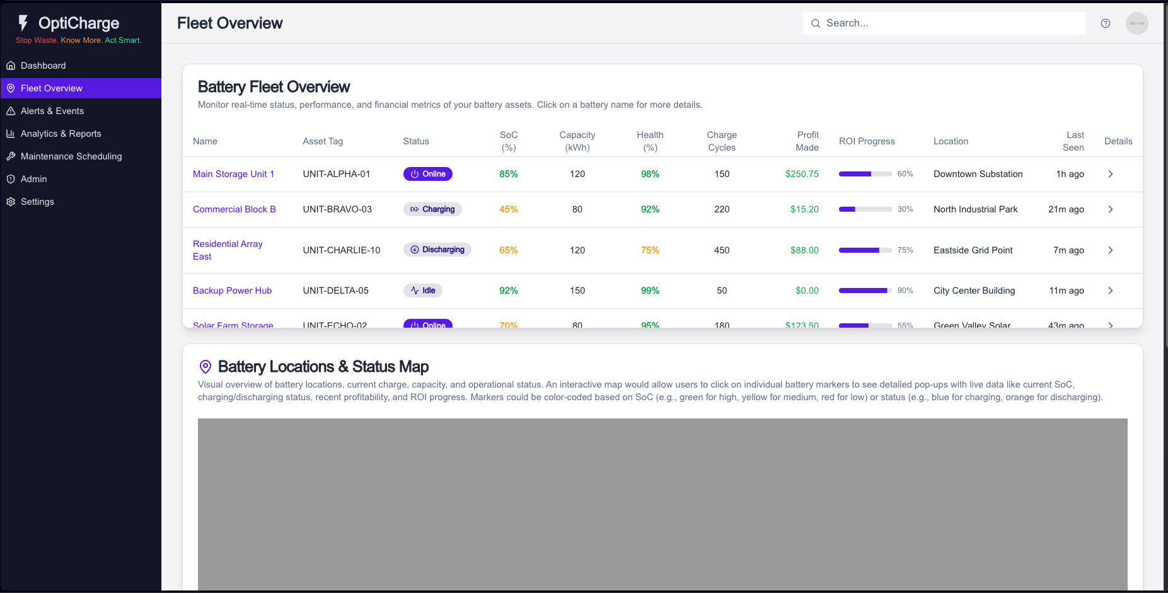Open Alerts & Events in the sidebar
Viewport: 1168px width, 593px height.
[x=52, y=111]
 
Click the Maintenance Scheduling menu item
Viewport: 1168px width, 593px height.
[x=71, y=156]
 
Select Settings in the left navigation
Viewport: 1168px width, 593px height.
[x=37, y=202]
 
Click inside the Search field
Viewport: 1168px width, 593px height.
[x=945, y=23]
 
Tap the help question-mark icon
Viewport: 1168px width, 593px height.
[x=1106, y=23]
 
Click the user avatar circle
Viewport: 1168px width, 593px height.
[x=1137, y=23]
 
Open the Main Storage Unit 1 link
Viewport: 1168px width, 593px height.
[x=233, y=174]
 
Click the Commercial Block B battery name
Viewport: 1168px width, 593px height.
[x=234, y=209]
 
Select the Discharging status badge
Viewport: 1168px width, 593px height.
[x=437, y=250]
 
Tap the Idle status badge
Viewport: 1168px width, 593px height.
[x=423, y=291]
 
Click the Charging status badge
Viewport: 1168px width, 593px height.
[x=432, y=209]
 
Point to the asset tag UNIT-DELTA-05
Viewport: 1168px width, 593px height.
[x=335, y=291]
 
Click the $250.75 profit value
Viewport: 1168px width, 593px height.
[x=802, y=174]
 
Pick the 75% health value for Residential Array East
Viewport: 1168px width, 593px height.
[x=650, y=250]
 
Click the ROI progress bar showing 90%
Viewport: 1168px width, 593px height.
[x=865, y=291]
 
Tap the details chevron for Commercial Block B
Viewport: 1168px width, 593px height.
[x=1111, y=209]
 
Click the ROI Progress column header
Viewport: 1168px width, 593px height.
[x=867, y=141]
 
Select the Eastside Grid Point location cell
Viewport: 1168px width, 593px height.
[x=973, y=250]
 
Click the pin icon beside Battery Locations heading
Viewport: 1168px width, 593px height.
[x=205, y=367]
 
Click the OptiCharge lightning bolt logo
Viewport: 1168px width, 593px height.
[x=23, y=23]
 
